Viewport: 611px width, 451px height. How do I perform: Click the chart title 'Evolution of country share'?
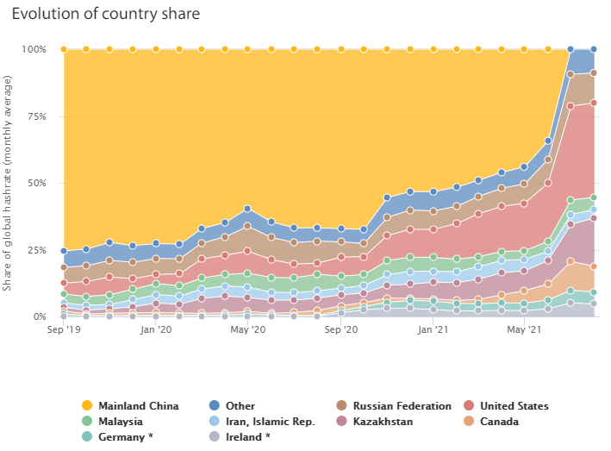tap(106, 14)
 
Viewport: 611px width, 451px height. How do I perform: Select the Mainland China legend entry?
tap(138, 405)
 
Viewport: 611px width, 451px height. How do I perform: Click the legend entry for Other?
tap(240, 405)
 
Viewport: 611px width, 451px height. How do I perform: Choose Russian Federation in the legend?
tap(402, 405)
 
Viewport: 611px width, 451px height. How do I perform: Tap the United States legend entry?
tap(514, 405)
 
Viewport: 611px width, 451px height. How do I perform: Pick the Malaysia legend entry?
tap(121, 422)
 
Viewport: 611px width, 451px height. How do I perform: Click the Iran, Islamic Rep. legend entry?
tap(270, 422)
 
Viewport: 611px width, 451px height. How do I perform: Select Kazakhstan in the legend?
tap(382, 422)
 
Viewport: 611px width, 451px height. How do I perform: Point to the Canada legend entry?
tap(500, 422)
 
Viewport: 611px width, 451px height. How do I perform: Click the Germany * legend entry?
tap(125, 437)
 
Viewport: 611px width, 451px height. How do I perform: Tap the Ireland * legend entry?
tap(248, 437)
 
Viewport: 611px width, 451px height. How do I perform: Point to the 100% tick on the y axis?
tap(35, 49)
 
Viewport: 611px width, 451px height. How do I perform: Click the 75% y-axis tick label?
tap(37, 116)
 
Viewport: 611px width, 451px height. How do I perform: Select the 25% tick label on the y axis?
tap(37, 250)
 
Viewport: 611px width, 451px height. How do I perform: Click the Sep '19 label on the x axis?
tap(63, 329)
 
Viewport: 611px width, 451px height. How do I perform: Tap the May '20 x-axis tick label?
tap(247, 329)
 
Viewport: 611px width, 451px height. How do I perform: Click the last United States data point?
tap(594, 103)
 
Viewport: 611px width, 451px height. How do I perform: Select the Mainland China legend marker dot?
tap(86, 405)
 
